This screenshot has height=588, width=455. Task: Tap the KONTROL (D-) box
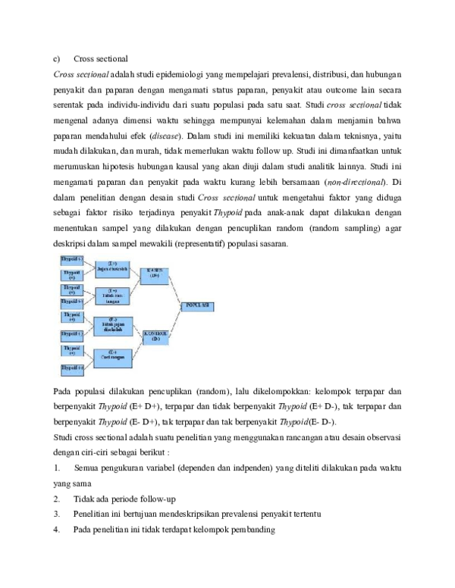point(153,335)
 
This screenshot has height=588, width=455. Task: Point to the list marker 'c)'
point(55,59)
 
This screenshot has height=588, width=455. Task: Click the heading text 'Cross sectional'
point(101,59)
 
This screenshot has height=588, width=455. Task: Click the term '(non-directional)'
point(354,182)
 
